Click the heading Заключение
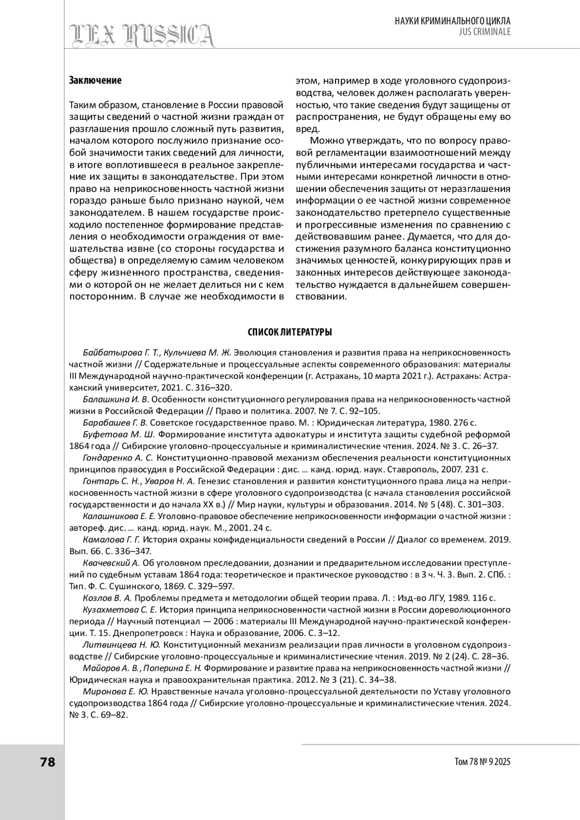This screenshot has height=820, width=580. coord(95,80)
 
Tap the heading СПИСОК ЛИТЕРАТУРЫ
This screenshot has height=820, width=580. coord(290,332)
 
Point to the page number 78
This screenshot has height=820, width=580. coord(48,762)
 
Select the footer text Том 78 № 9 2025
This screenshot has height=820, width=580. coord(482,762)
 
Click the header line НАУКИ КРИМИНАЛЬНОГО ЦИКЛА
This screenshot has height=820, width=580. coord(452,21)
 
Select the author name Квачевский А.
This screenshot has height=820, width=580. coord(111,563)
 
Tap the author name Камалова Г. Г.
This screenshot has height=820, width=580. coord(111,539)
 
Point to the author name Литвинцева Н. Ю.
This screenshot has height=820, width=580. coord(121,645)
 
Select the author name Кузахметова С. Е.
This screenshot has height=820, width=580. coord(120,610)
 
